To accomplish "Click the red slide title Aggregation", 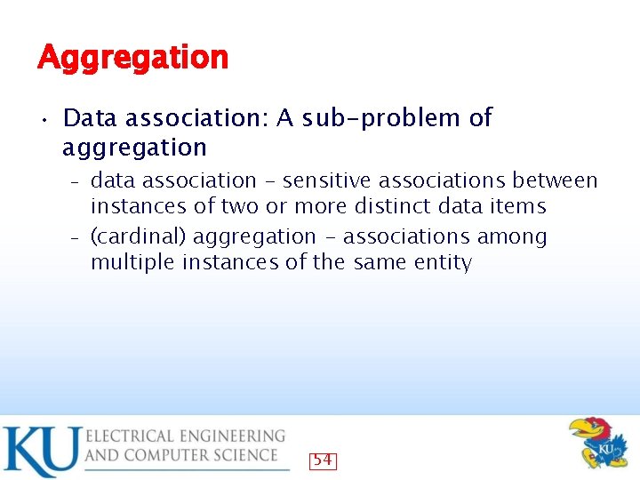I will coord(132,58).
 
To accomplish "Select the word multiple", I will coord(132,263).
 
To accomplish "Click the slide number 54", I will coord(323,460).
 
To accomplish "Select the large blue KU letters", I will coord(40,451).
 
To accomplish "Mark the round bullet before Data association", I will coord(43,119).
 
